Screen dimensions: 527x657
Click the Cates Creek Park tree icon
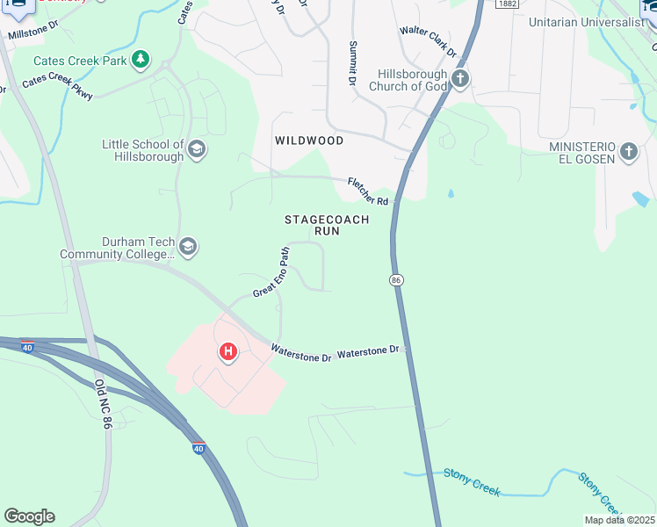click(141, 61)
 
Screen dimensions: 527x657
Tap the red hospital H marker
click(228, 352)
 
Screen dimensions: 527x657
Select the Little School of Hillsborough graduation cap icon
click(197, 150)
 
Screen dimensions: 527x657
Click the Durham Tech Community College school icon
click(188, 248)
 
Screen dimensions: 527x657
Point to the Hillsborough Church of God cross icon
click(460, 80)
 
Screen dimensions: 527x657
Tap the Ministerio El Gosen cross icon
click(628, 152)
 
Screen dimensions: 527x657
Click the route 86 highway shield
click(396, 279)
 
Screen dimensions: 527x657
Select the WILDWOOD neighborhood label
click(308, 141)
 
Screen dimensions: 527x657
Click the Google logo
click(29, 516)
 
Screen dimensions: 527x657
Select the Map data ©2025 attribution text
click(618, 520)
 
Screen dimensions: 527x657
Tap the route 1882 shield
click(507, 4)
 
